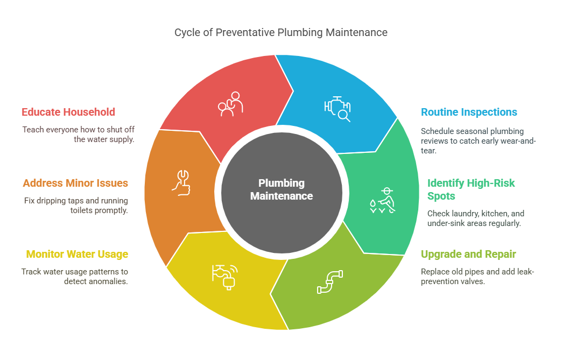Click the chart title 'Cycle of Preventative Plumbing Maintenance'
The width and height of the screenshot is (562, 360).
pos(280,32)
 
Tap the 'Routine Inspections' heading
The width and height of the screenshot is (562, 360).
pos(469,112)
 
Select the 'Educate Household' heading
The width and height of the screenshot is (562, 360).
pos(68,112)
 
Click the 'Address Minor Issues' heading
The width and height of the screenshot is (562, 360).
pos(75,183)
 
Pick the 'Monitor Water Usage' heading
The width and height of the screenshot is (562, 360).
pos(77,254)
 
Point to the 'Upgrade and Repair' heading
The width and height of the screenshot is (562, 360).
pos(468,254)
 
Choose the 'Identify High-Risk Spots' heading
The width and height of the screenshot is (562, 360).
pos(471,189)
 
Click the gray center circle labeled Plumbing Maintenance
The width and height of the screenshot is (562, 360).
pos(282,189)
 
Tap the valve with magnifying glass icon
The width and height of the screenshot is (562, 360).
pos(337,108)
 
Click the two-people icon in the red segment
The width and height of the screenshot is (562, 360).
pos(230,104)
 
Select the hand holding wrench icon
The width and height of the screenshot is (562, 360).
pos(180,181)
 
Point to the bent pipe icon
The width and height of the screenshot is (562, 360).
pos(329,281)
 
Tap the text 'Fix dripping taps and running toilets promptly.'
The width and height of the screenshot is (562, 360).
pos(76,206)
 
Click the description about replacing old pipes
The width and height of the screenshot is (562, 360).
pos(477,276)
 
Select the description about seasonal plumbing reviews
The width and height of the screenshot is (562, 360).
pos(478,141)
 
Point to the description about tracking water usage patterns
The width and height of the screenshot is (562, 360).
pos(75,276)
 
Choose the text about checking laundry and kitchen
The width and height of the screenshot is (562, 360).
pos(474,218)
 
